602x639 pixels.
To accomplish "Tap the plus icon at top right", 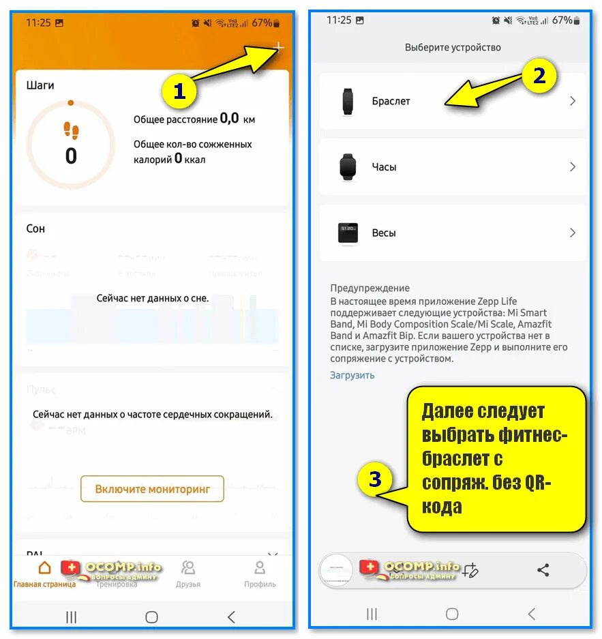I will [278, 47].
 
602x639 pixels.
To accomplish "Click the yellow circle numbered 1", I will [179, 92].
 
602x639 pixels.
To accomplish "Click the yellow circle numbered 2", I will [539, 76].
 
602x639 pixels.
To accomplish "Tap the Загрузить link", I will [352, 375].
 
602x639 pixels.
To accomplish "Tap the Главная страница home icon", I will [44, 567].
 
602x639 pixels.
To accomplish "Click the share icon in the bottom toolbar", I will [543, 570].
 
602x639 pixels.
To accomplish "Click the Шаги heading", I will [40, 86].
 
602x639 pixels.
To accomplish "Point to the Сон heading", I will [35, 228].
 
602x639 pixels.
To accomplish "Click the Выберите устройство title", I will [453, 48].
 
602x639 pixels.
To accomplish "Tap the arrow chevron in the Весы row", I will [573, 233].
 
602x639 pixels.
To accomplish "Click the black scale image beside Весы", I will [348, 233].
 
